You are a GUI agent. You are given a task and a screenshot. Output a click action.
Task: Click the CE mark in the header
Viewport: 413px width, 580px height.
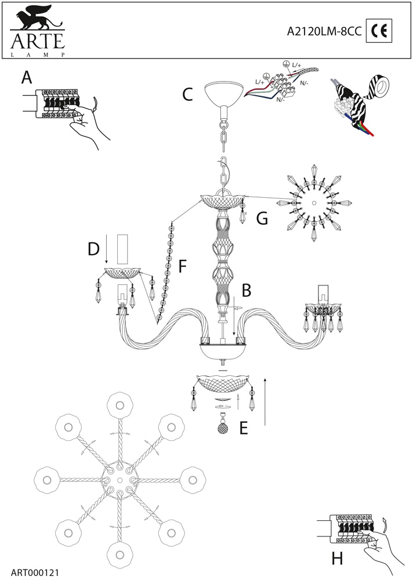(379, 32)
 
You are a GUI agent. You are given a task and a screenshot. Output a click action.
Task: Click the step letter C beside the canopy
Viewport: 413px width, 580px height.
(187, 95)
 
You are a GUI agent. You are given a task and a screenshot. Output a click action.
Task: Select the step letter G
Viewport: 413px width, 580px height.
(262, 219)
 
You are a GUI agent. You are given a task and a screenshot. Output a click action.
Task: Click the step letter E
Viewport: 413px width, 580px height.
(244, 428)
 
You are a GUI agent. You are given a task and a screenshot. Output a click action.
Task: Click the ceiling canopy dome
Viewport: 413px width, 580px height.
(223, 92)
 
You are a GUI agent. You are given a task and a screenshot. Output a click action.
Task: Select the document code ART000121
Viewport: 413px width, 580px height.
(34, 571)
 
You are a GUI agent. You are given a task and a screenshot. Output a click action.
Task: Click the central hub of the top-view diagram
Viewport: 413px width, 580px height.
(119, 481)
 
